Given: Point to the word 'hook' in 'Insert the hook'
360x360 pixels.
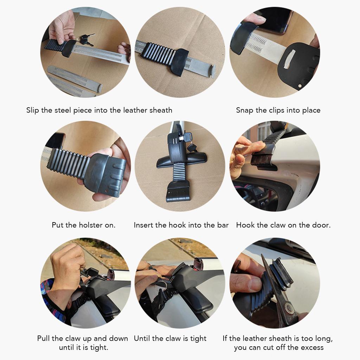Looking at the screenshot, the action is pyautogui.click(x=178, y=225).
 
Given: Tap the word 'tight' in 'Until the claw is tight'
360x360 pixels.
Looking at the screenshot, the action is pyautogui.click(x=199, y=339).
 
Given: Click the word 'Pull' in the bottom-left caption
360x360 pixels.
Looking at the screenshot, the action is pyautogui.click(x=44, y=338).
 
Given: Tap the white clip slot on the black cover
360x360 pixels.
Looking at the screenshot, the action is pyautogui.click(x=289, y=59).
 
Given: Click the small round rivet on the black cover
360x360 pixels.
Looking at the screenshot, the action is pyautogui.click(x=300, y=86).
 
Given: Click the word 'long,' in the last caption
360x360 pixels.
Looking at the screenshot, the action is pyautogui.click(x=324, y=339).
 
